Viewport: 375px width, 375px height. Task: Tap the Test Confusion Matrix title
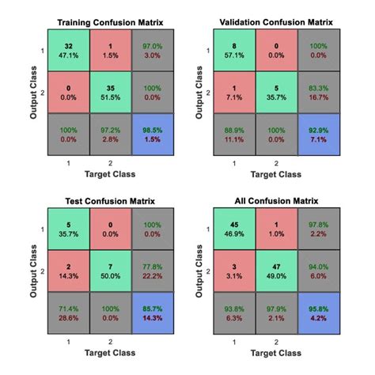coord(98,200)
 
